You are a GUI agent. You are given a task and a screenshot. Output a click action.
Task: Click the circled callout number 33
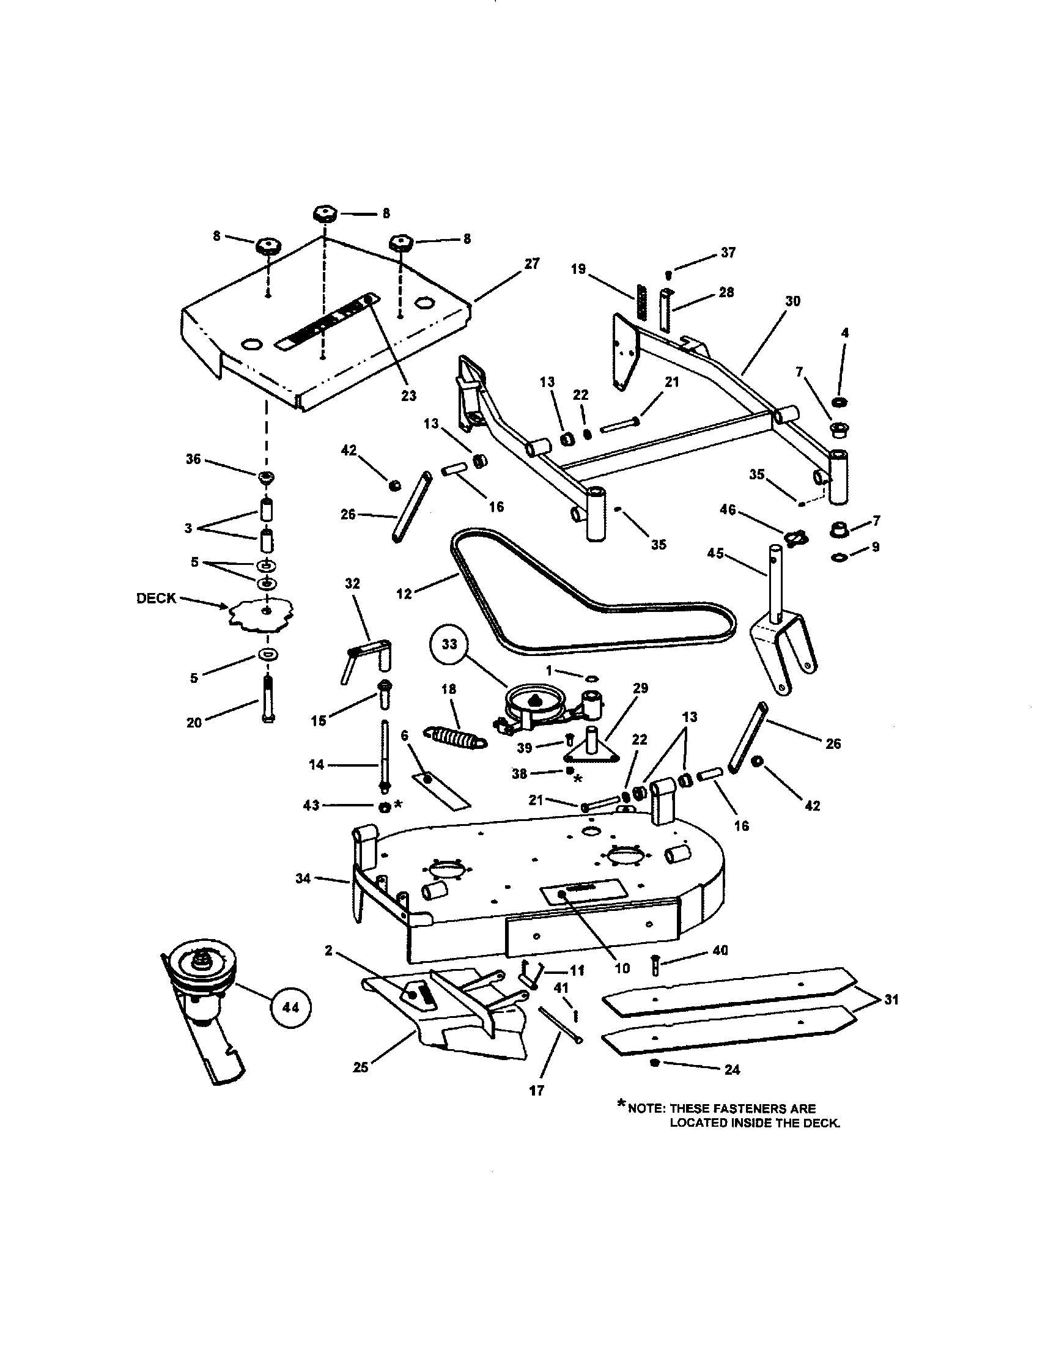point(450,644)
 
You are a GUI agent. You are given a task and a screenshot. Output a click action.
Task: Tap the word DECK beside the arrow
point(157,598)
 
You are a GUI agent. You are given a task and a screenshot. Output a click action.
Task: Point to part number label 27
point(531,263)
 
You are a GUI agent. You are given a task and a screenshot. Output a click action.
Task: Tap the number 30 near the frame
point(792,301)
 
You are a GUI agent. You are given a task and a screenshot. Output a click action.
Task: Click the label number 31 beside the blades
point(891,1000)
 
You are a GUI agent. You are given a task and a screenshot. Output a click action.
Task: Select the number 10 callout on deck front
point(622,968)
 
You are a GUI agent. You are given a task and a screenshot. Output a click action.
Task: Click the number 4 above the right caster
point(844,333)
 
